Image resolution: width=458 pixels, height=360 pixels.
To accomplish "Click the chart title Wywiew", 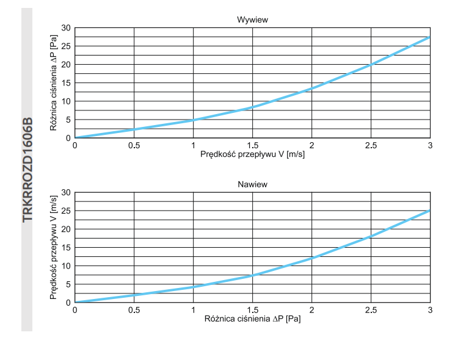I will tap(252, 20).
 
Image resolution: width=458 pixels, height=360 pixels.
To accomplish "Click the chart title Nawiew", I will tap(252, 184).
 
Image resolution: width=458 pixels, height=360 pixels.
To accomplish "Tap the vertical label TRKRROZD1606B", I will tap(27, 170).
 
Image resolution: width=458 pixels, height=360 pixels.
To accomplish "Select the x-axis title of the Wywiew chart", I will tap(252, 155).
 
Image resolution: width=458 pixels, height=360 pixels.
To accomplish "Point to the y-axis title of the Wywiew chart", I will tap(54, 83).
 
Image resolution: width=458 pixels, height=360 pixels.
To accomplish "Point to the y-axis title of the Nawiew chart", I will tap(54, 247).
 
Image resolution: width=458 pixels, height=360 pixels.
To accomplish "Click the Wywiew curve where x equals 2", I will tap(311, 89).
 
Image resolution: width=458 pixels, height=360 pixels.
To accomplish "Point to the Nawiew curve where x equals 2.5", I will tap(371, 236).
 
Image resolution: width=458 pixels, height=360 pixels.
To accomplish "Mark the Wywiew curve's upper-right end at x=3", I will tap(429, 37).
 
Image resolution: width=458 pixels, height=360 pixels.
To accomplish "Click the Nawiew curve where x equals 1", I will tap(193, 287).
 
